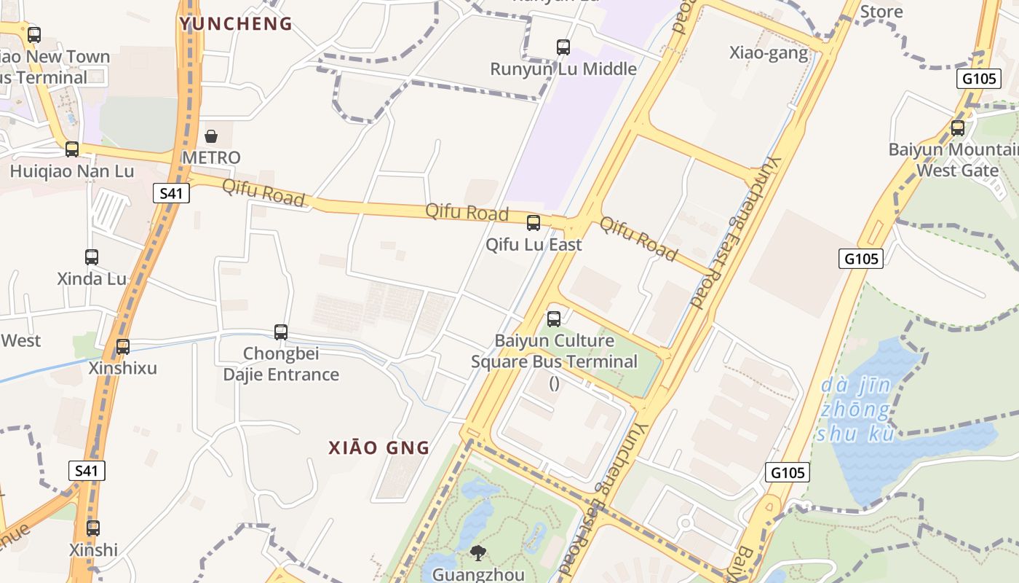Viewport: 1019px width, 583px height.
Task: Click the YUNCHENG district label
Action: point(236,24)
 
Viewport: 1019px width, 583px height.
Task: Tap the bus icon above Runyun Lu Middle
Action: point(563,47)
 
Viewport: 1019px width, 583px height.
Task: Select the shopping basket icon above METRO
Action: point(211,136)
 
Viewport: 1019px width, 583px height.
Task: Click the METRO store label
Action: point(211,157)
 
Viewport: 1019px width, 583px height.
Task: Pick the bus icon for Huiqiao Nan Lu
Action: point(72,149)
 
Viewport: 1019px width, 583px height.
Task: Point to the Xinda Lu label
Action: point(92,278)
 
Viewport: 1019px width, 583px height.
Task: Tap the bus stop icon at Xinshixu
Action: point(123,347)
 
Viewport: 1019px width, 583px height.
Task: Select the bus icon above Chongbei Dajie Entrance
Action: point(281,332)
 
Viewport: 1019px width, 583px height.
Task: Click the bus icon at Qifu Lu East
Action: point(534,223)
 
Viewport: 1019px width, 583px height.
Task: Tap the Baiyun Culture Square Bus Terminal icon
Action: point(554,319)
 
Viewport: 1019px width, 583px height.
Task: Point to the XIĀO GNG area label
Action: point(379,447)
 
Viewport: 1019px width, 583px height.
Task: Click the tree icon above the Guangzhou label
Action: point(477,553)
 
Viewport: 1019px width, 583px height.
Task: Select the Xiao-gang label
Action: point(769,52)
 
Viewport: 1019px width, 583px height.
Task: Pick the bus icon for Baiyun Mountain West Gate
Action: point(958,128)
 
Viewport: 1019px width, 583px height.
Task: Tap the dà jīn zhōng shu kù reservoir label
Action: point(855,410)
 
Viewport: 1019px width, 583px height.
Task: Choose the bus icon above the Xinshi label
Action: point(93,528)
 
